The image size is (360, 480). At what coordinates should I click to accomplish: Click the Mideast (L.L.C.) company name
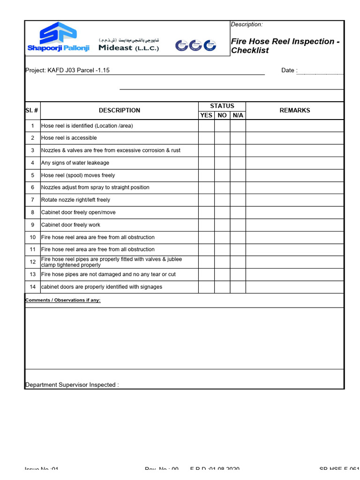click(x=128, y=48)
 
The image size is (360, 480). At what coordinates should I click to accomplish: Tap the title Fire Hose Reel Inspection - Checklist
click(x=285, y=46)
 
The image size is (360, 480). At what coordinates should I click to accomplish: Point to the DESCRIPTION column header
click(x=119, y=111)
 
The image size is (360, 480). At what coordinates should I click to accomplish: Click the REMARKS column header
click(x=294, y=111)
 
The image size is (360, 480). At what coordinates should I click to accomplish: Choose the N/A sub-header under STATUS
click(x=238, y=115)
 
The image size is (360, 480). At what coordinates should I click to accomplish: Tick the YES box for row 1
click(x=206, y=126)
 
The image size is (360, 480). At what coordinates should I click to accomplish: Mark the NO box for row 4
click(x=222, y=163)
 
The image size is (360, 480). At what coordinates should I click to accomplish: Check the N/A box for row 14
click(x=238, y=287)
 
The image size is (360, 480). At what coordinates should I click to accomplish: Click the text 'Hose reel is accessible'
click(x=69, y=138)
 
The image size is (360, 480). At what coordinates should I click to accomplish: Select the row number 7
click(x=33, y=200)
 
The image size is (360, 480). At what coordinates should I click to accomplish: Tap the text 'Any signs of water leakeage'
click(x=75, y=163)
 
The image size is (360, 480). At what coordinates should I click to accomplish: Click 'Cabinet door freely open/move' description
click(x=78, y=212)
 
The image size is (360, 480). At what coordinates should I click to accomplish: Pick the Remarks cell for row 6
click(x=294, y=187)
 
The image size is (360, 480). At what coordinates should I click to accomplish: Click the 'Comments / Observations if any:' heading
click(x=63, y=300)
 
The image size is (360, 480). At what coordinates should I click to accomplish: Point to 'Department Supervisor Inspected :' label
click(x=72, y=385)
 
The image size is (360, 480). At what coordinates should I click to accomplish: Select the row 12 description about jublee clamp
click(x=112, y=262)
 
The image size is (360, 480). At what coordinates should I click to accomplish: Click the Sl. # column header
click(x=32, y=111)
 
